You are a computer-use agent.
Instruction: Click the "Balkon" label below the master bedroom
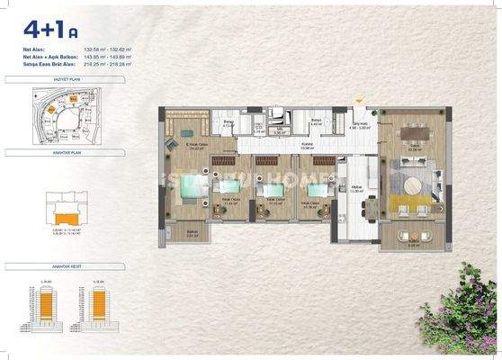[x=192, y=231]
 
